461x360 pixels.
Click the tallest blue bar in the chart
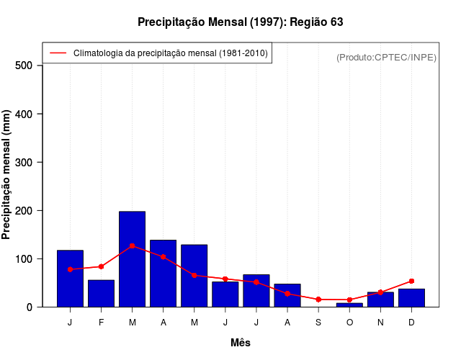coord(132,259)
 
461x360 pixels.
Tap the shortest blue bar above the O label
coord(349,305)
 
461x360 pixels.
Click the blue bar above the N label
coord(380,300)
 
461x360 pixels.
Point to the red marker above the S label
coord(318,300)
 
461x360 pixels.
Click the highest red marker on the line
coord(132,246)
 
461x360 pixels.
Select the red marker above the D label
coord(411,281)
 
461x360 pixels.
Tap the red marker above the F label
coord(101,266)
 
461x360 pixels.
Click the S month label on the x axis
coord(318,323)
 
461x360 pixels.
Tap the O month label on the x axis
coord(349,323)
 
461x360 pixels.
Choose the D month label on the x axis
coord(411,323)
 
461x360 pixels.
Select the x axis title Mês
coord(240,343)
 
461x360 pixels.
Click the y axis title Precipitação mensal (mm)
coord(7,174)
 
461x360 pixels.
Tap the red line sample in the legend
coord(58,53)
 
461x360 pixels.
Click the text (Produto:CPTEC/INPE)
coord(386,57)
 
